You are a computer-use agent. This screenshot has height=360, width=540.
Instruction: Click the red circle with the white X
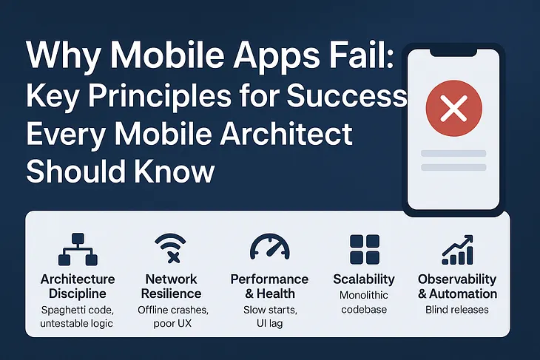(453, 111)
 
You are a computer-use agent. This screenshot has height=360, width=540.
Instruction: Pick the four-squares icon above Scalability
(364, 250)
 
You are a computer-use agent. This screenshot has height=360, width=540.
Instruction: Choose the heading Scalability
(364, 279)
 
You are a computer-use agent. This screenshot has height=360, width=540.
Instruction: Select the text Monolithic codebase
(364, 302)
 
